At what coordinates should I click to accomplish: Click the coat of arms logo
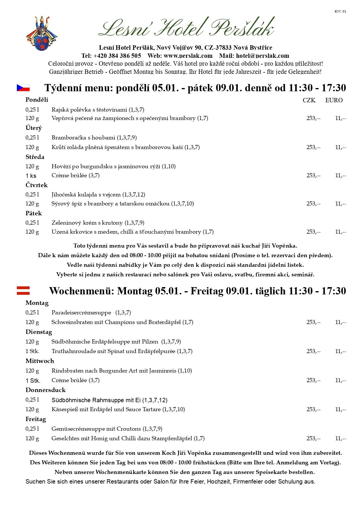42,33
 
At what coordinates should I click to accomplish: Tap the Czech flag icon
23,88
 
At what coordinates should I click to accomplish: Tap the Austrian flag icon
23,291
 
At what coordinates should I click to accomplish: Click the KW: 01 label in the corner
340,11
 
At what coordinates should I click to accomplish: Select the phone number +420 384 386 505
117,56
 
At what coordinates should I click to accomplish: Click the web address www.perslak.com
188,56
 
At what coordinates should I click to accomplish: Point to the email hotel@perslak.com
262,56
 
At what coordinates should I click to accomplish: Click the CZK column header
309,100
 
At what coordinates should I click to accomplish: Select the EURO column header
334,100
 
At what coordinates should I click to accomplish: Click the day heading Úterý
34,128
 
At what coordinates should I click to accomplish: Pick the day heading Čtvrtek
37,185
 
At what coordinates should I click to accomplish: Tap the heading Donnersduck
46,390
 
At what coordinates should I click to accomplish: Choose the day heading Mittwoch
40,361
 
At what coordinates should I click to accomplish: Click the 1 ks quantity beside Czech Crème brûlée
31,176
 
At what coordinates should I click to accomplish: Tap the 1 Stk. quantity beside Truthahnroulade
32,351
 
